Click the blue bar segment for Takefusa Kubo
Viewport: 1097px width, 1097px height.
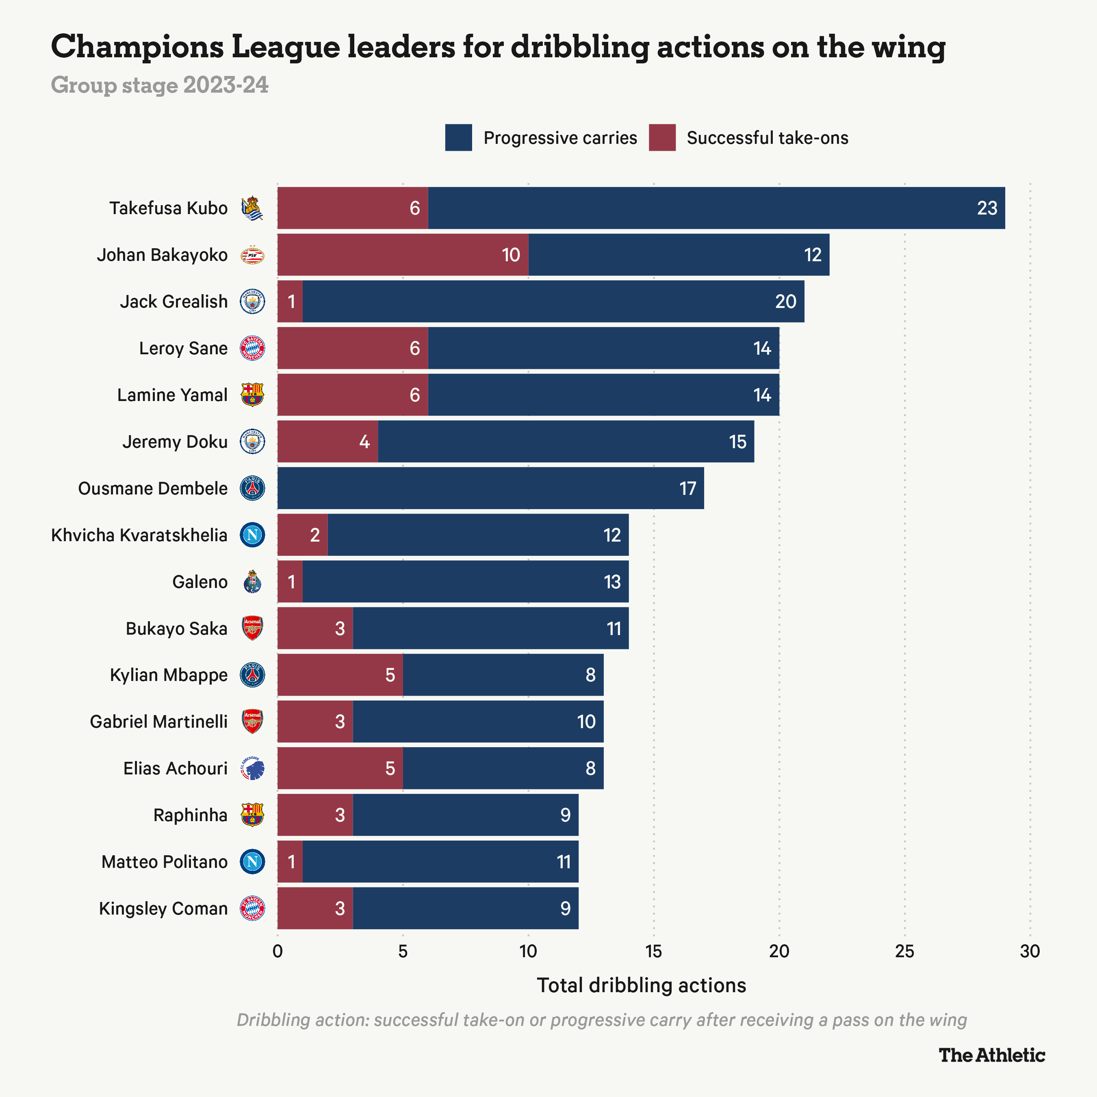(x=715, y=208)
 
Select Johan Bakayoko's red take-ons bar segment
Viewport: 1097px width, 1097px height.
(x=402, y=255)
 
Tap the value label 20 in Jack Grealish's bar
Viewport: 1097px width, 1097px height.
(x=785, y=301)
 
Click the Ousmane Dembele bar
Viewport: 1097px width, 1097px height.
(x=490, y=488)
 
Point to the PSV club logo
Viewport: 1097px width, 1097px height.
(x=252, y=255)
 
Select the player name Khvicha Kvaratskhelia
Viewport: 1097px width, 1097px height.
(x=139, y=535)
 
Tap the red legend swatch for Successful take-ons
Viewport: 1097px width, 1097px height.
(x=662, y=137)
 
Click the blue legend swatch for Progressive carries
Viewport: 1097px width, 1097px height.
(x=458, y=137)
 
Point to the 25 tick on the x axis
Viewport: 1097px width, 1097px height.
(x=904, y=951)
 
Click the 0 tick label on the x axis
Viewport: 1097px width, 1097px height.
(x=277, y=951)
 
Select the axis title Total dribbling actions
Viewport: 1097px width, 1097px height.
(x=641, y=986)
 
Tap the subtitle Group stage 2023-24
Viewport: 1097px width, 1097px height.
(x=160, y=85)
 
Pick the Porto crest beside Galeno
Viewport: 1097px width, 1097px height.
(x=252, y=582)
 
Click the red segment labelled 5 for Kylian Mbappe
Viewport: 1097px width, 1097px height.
(x=340, y=674)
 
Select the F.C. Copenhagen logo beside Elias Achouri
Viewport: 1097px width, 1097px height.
(x=252, y=768)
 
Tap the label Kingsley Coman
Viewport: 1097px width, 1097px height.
(x=163, y=908)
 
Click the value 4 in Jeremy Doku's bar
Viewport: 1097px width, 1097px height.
(x=364, y=442)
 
